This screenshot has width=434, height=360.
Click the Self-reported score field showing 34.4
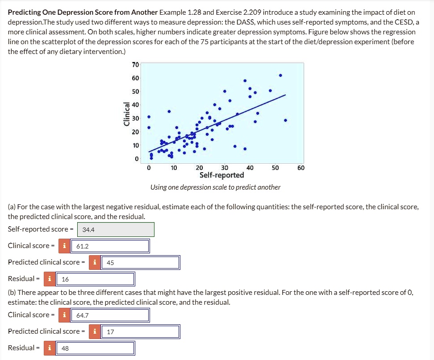[x=116, y=230]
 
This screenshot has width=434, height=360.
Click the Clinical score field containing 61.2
[x=110, y=246]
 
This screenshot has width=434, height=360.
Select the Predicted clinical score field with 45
[x=141, y=262]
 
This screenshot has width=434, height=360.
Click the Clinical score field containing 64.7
[x=110, y=315]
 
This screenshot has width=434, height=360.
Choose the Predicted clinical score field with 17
[x=141, y=331]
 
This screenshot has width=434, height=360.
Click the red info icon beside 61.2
[x=65, y=246]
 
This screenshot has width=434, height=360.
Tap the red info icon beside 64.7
[x=65, y=315]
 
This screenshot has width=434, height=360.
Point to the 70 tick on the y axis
[x=135, y=65]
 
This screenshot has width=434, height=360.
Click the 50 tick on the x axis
[x=275, y=168]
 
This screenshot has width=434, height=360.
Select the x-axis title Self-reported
[x=221, y=175]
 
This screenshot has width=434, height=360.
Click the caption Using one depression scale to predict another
[x=215, y=187]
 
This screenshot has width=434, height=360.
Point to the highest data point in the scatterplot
[x=280, y=75]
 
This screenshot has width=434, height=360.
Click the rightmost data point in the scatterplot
[x=285, y=120]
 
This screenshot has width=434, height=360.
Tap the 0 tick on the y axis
[x=137, y=159]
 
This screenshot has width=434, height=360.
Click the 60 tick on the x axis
[x=300, y=168]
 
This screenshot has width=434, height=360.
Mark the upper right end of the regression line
[x=285, y=95]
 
